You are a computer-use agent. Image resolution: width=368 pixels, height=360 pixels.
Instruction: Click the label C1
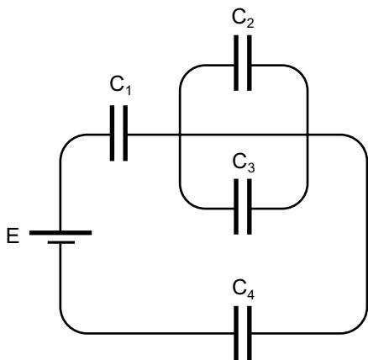click(x=120, y=85)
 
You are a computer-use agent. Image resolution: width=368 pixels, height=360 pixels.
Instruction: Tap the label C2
click(x=243, y=19)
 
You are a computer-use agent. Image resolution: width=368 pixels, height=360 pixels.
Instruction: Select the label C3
click(x=244, y=163)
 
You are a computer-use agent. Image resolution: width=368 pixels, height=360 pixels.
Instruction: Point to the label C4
click(x=244, y=290)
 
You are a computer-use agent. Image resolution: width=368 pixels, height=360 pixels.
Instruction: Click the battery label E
click(x=13, y=236)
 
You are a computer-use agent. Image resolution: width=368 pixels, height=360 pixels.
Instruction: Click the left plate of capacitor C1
click(x=112, y=133)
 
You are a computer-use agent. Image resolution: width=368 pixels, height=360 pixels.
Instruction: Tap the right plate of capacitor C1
click(x=125, y=133)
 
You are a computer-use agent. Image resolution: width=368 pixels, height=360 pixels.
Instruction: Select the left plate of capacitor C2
click(x=236, y=63)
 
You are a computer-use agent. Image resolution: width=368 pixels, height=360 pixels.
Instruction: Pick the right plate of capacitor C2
click(x=250, y=63)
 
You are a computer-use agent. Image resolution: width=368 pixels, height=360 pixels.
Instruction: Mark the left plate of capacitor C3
click(x=236, y=207)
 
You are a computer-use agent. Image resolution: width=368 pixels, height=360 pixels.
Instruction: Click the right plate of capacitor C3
click(x=250, y=207)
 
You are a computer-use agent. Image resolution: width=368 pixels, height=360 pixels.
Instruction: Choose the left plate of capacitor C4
click(x=236, y=333)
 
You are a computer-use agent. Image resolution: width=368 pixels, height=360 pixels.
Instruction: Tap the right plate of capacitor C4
click(x=250, y=333)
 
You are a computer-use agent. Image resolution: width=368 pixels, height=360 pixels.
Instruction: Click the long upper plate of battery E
click(x=60, y=233)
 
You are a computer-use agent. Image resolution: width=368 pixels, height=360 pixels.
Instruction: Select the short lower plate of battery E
click(x=61, y=242)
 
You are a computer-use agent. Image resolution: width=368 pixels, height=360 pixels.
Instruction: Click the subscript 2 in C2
click(x=250, y=24)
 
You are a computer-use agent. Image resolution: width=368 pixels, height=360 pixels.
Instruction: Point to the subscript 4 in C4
click(x=250, y=295)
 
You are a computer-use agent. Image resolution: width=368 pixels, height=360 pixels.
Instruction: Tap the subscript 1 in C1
click(x=128, y=91)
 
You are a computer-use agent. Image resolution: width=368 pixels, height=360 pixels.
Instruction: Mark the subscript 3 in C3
click(x=251, y=167)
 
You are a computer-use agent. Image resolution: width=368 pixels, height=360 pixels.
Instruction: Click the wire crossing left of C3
click(x=180, y=135)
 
